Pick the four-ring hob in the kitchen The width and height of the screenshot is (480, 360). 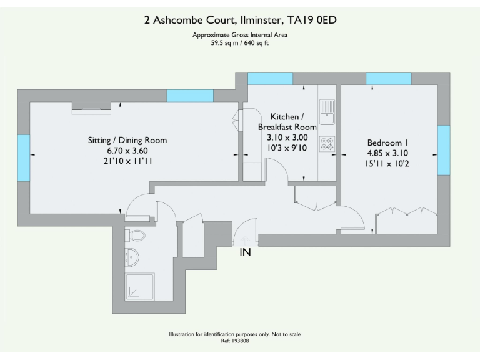[x=327, y=144]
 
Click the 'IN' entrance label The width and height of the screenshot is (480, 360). [x=246, y=252]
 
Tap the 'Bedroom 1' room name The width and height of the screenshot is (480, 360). [x=387, y=142]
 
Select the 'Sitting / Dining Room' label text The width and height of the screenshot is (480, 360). [x=127, y=140]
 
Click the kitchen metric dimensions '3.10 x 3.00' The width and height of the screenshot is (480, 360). [x=287, y=137]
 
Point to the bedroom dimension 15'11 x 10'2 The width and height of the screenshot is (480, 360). [x=387, y=163]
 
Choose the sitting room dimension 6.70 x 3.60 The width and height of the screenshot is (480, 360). [x=127, y=151]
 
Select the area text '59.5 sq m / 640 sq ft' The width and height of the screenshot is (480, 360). [x=240, y=42]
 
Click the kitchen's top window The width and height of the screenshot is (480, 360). [x=270, y=79]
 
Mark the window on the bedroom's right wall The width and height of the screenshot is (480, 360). [x=443, y=151]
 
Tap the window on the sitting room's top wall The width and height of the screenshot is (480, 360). [x=189, y=96]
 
